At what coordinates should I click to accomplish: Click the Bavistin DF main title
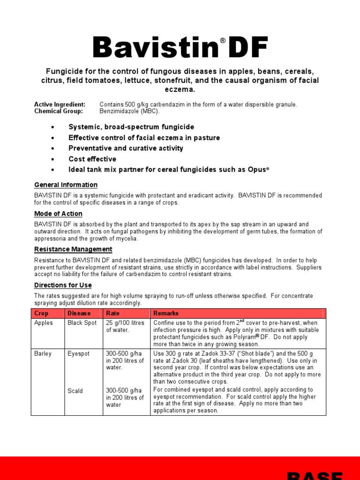pyautogui.click(x=180, y=48)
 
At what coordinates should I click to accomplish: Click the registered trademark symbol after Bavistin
pyautogui.click(x=223, y=41)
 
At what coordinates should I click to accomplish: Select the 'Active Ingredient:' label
pyautogui.click(x=60, y=104)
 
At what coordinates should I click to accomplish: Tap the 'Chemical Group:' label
pyautogui.click(x=58, y=111)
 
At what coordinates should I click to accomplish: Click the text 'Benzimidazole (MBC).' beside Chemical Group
pyautogui.click(x=129, y=111)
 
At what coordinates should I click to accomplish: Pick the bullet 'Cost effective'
pyautogui.click(x=92, y=159)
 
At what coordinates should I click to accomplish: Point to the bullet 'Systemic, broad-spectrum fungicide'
pyautogui.click(x=131, y=127)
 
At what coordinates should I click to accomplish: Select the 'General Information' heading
pyautogui.click(x=66, y=185)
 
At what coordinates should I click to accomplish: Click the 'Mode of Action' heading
pyautogui.click(x=58, y=214)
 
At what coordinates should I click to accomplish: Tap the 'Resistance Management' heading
pyautogui.click(x=73, y=249)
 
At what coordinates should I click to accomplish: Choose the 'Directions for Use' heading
pyautogui.click(x=63, y=285)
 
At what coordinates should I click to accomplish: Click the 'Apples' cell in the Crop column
pyautogui.click(x=44, y=323)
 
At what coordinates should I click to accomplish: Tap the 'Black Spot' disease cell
pyautogui.click(x=82, y=323)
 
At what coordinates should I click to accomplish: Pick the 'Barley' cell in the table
pyautogui.click(x=43, y=353)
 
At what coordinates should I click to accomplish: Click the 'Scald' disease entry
pyautogui.click(x=75, y=391)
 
